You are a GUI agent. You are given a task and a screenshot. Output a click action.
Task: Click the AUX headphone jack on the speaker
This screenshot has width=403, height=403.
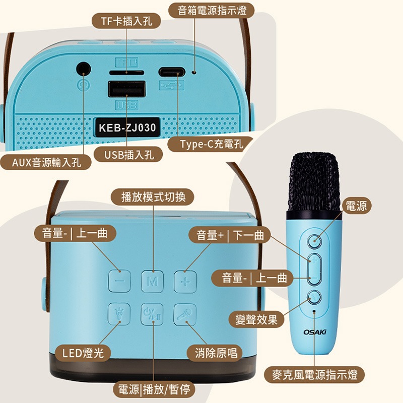tap(84, 69)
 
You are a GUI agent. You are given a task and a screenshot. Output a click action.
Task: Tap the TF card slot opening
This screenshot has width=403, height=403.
tap(126, 73)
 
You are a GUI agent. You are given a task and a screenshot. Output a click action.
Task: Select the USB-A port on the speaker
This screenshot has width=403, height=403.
tap(127, 89)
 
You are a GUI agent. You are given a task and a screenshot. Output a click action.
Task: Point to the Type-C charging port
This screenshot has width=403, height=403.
tap(172, 72)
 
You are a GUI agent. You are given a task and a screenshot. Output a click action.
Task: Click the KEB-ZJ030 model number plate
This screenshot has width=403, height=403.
tap(127, 128)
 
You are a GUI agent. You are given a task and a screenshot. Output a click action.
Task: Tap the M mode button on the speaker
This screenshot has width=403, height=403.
tap(153, 282)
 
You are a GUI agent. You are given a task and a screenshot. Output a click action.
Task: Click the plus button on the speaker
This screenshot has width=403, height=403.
tap(185, 282)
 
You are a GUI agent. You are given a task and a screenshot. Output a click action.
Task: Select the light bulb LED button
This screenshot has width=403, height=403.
tap(119, 314)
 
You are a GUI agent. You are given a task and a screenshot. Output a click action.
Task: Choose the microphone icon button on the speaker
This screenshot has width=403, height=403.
tap(185, 314)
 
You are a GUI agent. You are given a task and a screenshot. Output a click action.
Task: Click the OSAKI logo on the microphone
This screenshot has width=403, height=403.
tap(315, 332)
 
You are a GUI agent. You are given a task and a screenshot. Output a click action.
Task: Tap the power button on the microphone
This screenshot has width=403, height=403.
tap(315, 241)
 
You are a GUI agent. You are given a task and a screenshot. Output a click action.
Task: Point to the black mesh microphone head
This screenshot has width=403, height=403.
tap(314, 182)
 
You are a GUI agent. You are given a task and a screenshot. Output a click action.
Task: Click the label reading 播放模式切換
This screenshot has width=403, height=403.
tap(153, 197)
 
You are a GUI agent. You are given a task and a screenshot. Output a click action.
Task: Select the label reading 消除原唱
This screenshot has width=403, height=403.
tap(216, 353)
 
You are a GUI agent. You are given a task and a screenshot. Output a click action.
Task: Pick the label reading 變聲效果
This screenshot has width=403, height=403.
tap(256, 320)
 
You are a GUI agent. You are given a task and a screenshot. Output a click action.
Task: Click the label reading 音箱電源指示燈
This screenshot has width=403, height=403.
tap(212, 11)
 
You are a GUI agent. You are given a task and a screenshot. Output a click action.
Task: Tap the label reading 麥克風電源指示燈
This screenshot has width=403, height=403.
tap(314, 375)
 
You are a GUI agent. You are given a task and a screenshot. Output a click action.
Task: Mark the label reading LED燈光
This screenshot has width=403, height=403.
tap(83, 353)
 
